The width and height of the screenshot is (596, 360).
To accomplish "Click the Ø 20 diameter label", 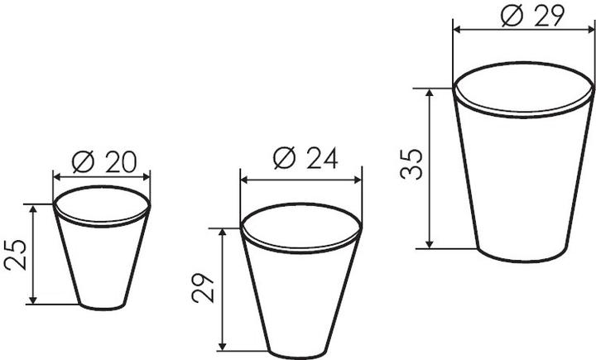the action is tap(103, 162).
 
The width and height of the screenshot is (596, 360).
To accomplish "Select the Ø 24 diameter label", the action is tap(305, 158).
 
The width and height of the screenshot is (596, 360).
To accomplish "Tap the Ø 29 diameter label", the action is tap(532, 16).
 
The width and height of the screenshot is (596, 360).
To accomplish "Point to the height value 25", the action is tap(16, 255).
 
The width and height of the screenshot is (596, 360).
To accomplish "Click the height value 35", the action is tap(411, 164).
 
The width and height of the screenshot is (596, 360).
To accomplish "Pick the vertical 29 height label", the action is tap(203, 288).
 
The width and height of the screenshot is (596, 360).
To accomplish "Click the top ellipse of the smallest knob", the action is tap(102, 186).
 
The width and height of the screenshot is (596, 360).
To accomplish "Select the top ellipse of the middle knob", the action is tap(300, 204).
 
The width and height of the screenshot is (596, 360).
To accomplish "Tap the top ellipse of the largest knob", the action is tap(523, 63).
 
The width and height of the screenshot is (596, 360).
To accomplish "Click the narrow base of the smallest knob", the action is tap(102, 309).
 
